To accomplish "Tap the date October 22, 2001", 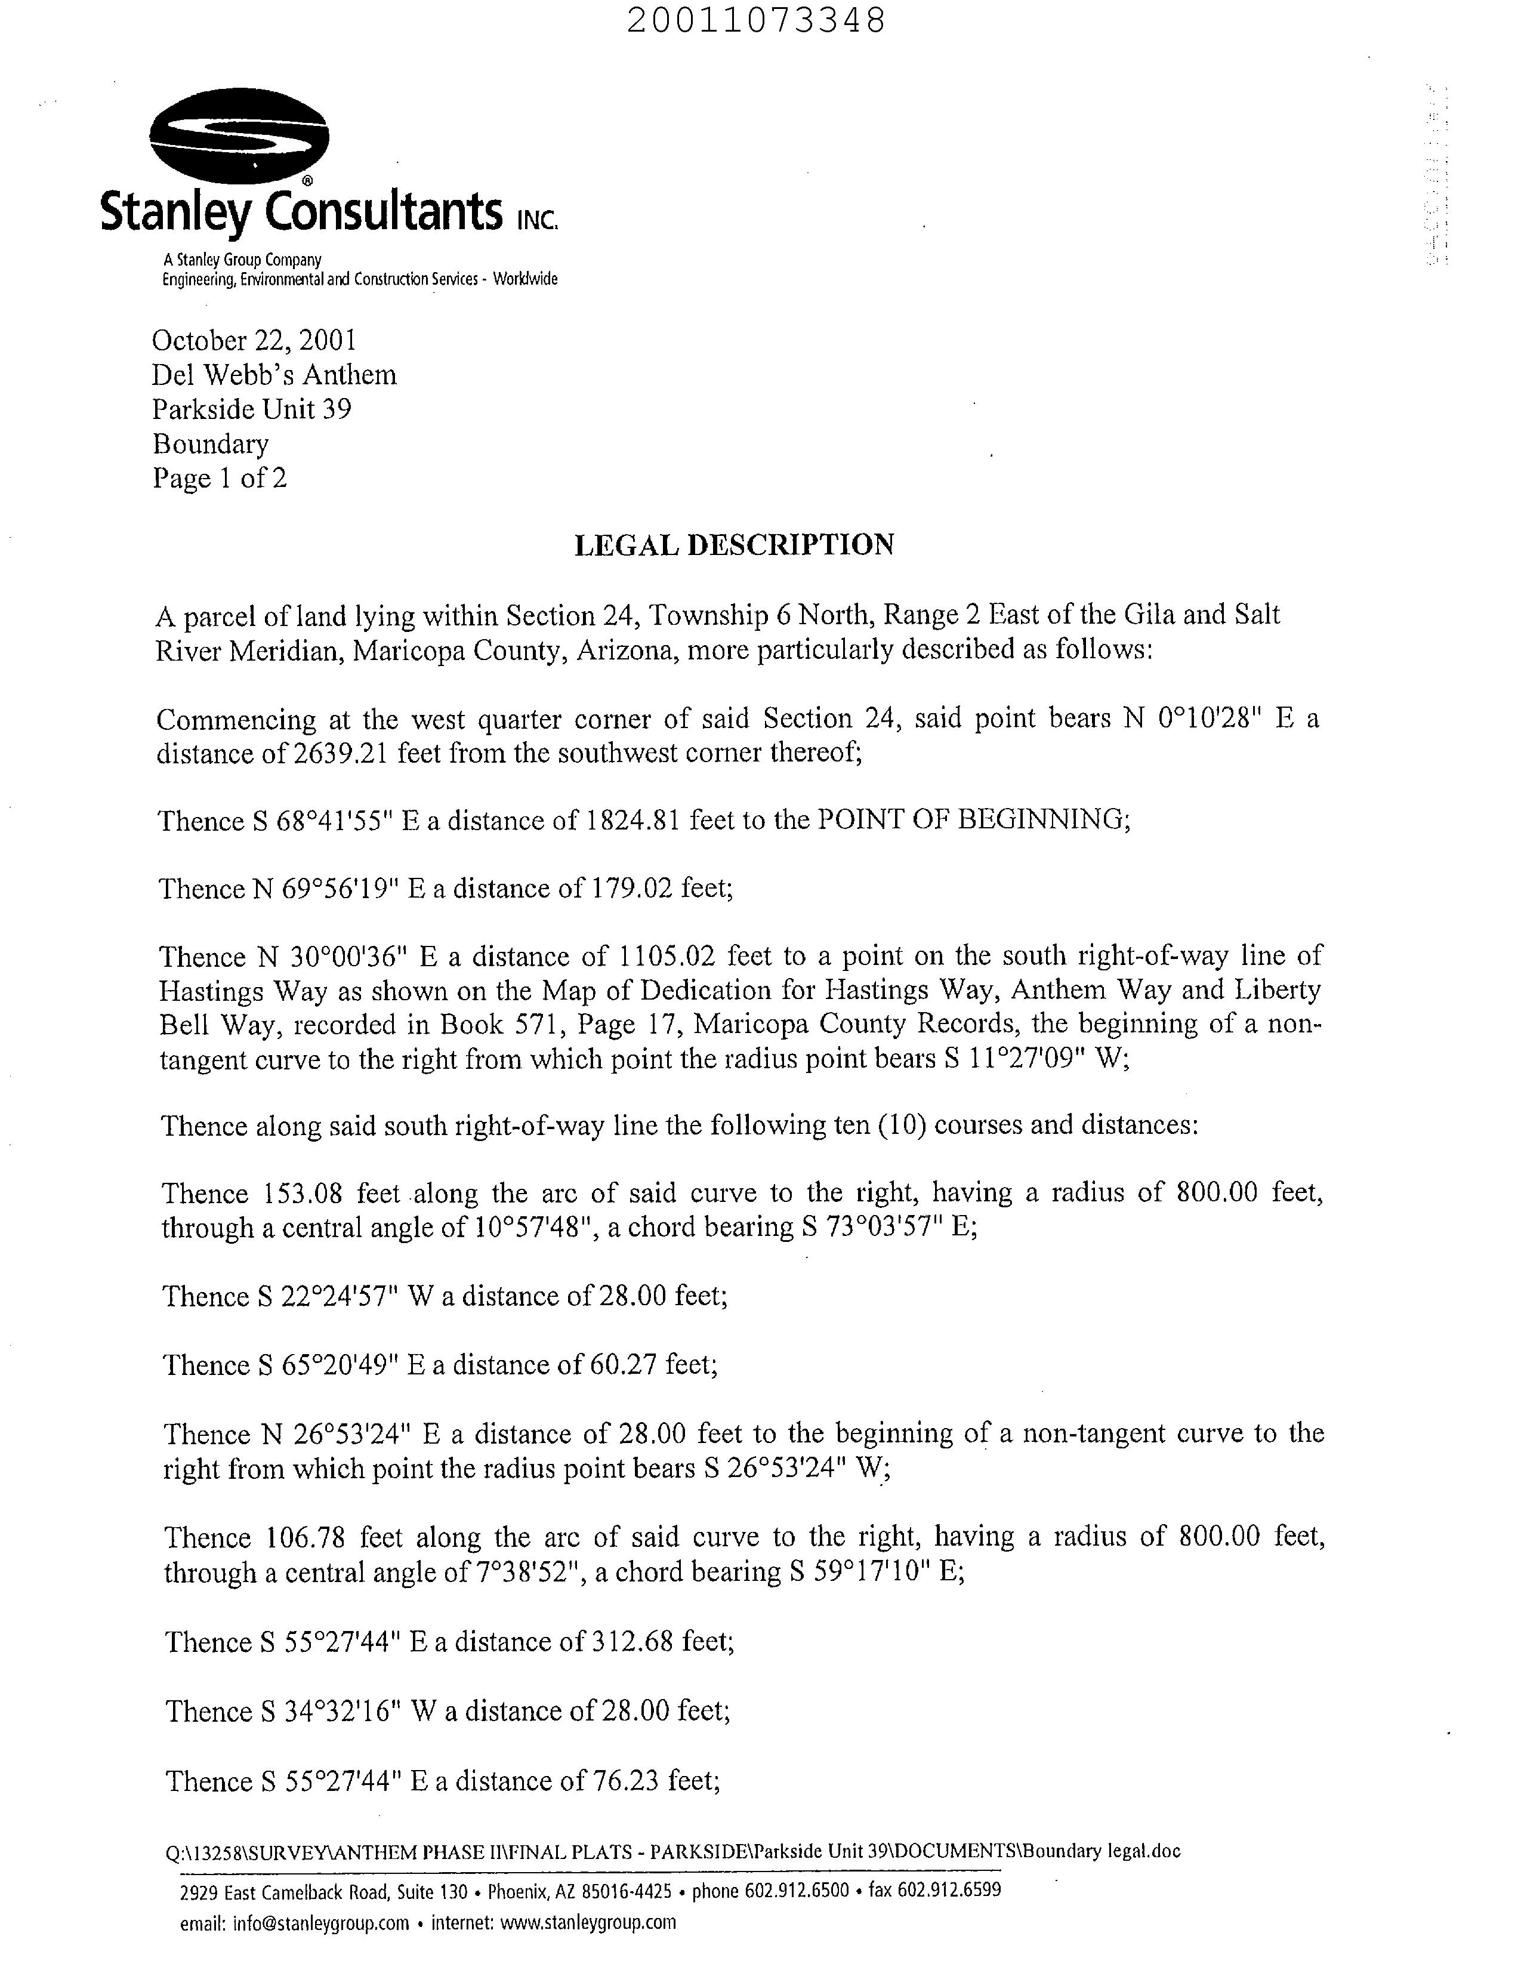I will pos(254,340).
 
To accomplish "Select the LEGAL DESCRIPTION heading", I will pos(734,545).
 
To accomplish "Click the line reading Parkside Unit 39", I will pos(252,410).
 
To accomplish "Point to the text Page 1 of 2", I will pos(220,478).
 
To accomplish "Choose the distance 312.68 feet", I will pos(662,1642).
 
